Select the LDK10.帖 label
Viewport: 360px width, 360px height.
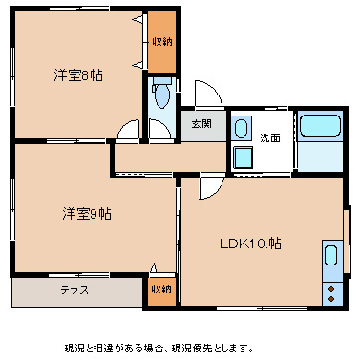tap(251, 243)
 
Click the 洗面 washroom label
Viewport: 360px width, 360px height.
tap(270, 138)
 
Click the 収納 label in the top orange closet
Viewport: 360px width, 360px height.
tap(162, 42)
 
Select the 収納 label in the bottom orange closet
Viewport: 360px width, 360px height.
tap(161, 288)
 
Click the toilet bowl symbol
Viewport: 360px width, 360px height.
tap(159, 95)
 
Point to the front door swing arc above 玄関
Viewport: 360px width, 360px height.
tap(209, 95)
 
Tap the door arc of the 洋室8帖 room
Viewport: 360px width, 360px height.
tap(129, 133)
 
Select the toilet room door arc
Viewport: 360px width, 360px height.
tap(159, 131)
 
